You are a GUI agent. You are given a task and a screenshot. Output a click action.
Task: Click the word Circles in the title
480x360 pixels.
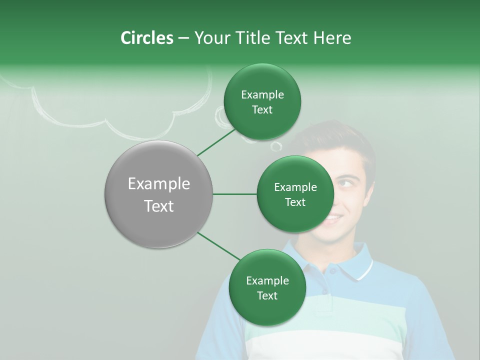click(146, 38)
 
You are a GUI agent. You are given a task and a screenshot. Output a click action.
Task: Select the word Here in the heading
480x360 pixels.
click(332, 38)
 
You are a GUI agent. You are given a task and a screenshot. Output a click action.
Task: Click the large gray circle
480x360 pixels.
click(159, 194)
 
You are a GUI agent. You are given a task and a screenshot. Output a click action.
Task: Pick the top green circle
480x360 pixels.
click(262, 101)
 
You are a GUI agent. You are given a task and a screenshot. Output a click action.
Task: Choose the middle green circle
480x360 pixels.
click(295, 194)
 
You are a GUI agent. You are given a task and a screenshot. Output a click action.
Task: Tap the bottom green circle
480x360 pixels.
click(267, 287)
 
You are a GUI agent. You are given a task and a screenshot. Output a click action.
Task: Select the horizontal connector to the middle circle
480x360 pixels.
click(234, 194)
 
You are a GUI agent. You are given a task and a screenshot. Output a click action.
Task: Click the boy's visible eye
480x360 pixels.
click(344, 183)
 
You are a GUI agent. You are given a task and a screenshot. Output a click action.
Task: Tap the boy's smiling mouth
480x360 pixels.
click(332, 218)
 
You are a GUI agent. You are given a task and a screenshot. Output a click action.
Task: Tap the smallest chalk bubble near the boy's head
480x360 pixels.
click(276, 146)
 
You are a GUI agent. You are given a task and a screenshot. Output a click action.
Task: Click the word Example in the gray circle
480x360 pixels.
click(159, 184)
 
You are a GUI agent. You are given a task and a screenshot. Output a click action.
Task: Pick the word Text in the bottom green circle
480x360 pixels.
click(267, 295)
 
